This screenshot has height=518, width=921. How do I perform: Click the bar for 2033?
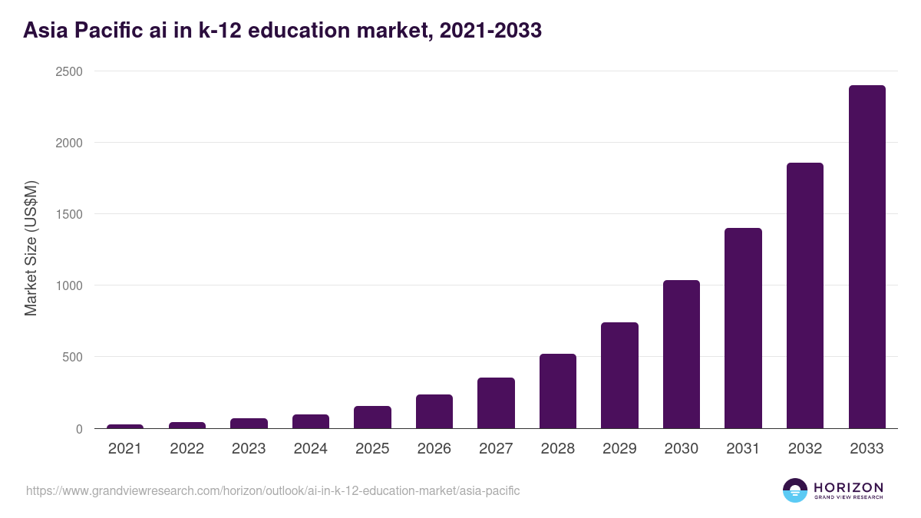pyautogui.click(x=867, y=257)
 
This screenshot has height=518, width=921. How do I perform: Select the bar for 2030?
pyautogui.click(x=681, y=355)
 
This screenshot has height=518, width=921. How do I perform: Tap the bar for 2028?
pyautogui.click(x=557, y=391)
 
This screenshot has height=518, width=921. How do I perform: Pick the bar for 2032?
pyautogui.click(x=804, y=295)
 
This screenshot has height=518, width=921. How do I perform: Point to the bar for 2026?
pyautogui.click(x=434, y=411)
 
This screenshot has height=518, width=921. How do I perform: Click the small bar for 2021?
pyautogui.click(x=125, y=426)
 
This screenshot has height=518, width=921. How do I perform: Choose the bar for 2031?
pyautogui.click(x=743, y=328)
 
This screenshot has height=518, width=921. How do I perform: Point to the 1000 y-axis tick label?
pyautogui.click(x=68, y=285)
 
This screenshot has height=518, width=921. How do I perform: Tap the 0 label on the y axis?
pyautogui.click(x=78, y=429)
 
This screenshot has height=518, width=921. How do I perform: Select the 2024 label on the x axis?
pyautogui.click(x=310, y=449)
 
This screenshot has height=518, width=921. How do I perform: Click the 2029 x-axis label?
pyautogui.click(x=619, y=449)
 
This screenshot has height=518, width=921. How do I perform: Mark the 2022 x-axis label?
pyautogui.click(x=187, y=449)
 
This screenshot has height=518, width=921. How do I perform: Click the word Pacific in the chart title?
pyautogui.click(x=109, y=31)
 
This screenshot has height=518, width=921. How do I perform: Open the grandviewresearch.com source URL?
pyautogui.click(x=272, y=490)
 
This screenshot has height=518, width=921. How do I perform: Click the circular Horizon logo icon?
pyautogui.click(x=794, y=490)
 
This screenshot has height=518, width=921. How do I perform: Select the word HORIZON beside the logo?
pyautogui.click(x=848, y=487)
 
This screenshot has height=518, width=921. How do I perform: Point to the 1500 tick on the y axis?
pyautogui.click(x=68, y=214)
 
